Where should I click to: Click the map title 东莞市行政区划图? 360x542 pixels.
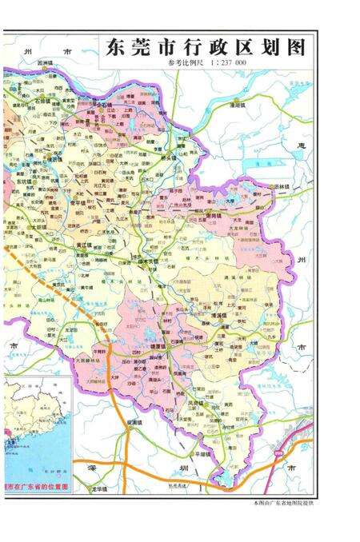coord(205,48)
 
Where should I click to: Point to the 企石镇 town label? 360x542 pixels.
coord(102,105)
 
